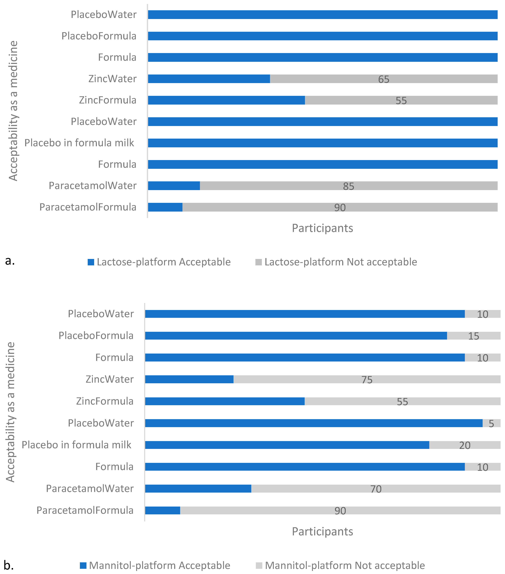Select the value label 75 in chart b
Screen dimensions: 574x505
coord(367,380)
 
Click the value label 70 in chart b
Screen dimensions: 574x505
coord(376,489)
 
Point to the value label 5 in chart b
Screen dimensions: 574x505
coord(491,423)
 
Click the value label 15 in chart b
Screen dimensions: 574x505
coord(474,336)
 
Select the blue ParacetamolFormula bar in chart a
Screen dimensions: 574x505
coord(165,207)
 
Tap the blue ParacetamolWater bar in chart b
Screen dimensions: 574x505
coord(198,489)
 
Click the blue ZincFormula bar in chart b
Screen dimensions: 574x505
coord(225,401)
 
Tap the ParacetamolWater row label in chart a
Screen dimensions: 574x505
coord(93,186)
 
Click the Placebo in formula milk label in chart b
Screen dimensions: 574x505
coord(76,445)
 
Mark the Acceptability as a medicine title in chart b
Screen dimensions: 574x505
coord(11,412)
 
